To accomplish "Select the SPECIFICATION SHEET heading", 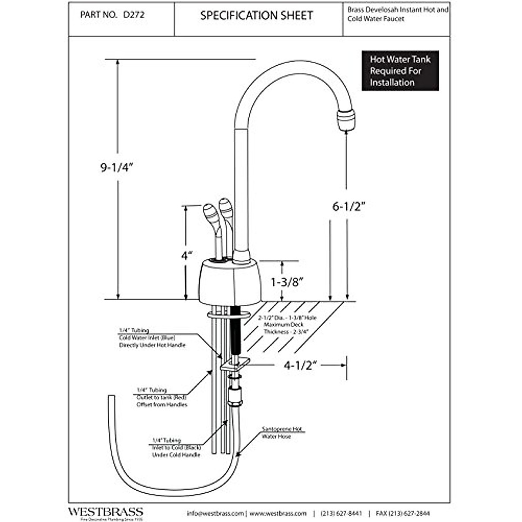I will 256,16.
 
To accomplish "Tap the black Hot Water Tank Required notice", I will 400,71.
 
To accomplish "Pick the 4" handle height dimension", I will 187,255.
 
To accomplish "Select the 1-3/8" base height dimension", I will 287,282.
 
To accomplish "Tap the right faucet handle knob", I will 226,208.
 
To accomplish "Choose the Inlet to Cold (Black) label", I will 176,448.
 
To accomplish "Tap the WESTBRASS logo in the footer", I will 105,512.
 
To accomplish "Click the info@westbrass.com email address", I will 215,513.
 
